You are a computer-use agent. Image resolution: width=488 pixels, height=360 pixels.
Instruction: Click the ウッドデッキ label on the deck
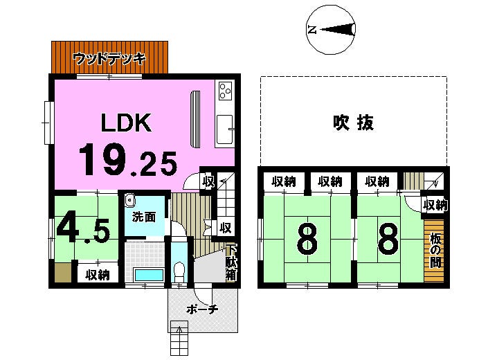click(109, 59)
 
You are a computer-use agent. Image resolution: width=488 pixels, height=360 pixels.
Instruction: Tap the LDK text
click(126, 123)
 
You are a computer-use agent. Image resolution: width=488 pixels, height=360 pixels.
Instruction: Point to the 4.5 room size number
click(82, 228)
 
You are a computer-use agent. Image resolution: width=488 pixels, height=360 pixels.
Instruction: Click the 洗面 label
click(143, 217)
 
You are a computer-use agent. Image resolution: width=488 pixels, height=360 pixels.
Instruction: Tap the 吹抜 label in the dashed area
click(353, 123)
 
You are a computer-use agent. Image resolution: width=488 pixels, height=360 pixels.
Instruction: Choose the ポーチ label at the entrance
click(202, 309)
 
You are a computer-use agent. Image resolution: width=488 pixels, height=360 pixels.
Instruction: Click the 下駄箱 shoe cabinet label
click(231, 262)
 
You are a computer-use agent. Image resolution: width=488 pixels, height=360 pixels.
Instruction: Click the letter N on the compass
click(312, 30)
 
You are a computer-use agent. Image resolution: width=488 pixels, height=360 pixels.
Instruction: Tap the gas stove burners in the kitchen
click(226, 91)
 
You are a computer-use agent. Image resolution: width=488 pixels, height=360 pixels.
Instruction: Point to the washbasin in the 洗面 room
click(129, 200)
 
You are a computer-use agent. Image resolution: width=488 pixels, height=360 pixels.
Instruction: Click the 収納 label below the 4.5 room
click(98, 275)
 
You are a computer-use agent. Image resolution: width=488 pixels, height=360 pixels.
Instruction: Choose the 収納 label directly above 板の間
click(435, 205)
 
